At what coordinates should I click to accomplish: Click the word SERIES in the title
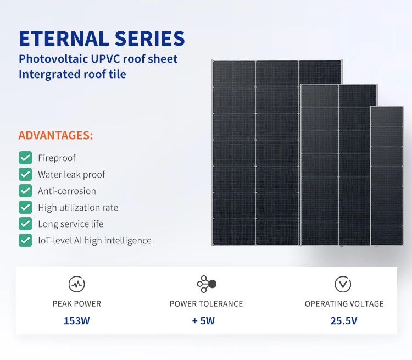[149, 38]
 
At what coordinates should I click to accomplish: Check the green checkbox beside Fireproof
[25, 158]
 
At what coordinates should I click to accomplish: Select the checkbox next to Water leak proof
[25, 175]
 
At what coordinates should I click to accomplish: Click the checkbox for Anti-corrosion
[25, 191]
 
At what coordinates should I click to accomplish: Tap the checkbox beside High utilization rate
[25, 208]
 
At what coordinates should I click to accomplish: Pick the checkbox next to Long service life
[25, 224]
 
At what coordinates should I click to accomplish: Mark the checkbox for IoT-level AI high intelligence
[25, 241]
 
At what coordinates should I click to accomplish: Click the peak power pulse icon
[76, 284]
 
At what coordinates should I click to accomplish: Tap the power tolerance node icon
[206, 284]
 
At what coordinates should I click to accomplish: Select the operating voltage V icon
[343, 284]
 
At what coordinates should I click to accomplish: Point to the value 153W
[77, 321]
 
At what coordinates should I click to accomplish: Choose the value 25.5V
[344, 321]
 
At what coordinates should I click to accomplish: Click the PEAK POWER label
[77, 303]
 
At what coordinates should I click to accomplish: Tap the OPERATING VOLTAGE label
[344, 303]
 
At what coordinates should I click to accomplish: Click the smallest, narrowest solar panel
[387, 176]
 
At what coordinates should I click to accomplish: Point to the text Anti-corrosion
[67, 191]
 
